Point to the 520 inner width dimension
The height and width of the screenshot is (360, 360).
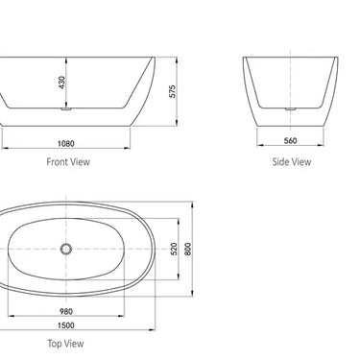(174, 250)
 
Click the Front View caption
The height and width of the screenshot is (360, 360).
(68, 162)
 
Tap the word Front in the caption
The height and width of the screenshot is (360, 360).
(58, 162)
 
